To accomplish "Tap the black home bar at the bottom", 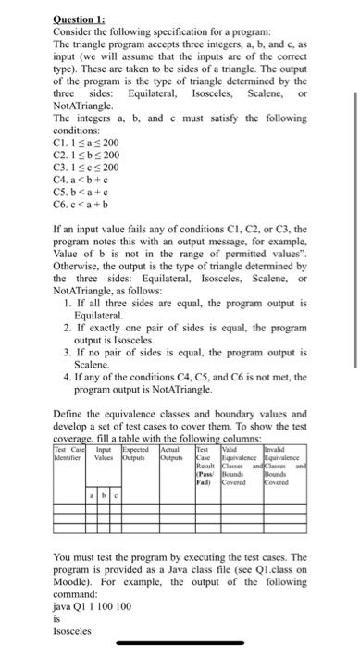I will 180,642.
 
